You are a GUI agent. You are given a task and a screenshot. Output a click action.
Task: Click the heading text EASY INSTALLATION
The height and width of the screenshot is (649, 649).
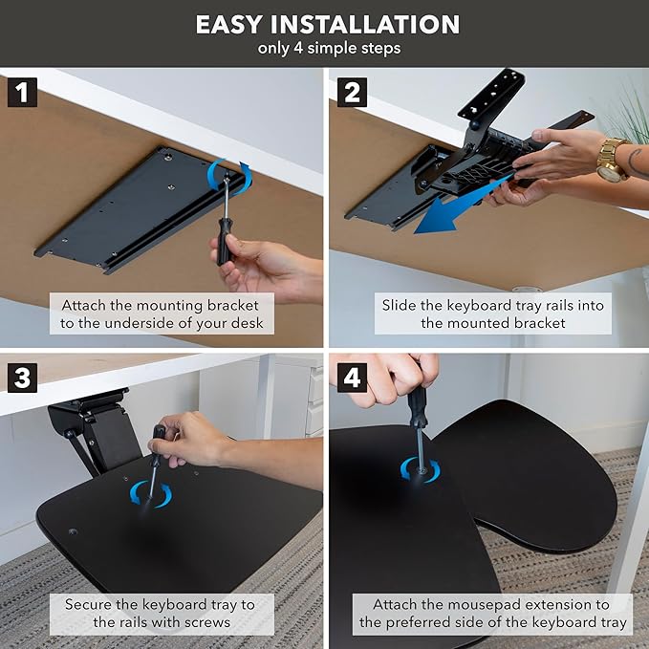327,24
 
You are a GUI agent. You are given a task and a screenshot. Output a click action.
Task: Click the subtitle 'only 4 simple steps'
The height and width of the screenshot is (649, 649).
327,49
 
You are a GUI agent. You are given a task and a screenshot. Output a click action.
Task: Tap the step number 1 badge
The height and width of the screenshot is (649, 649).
22,93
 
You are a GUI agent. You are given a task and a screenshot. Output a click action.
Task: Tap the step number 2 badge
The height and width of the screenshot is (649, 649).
351,93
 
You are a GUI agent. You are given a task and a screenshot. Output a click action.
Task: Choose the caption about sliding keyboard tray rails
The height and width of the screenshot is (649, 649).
492,314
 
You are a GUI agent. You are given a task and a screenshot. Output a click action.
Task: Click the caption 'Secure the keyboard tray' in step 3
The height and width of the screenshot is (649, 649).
160,613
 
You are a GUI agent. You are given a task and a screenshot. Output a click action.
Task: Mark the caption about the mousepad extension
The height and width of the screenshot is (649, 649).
492,613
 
